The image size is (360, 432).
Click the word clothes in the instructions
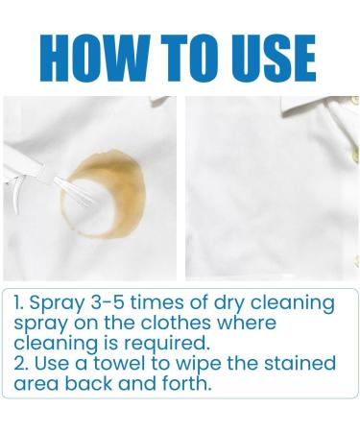176,323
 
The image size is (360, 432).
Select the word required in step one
166,344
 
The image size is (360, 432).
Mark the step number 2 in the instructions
19,364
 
